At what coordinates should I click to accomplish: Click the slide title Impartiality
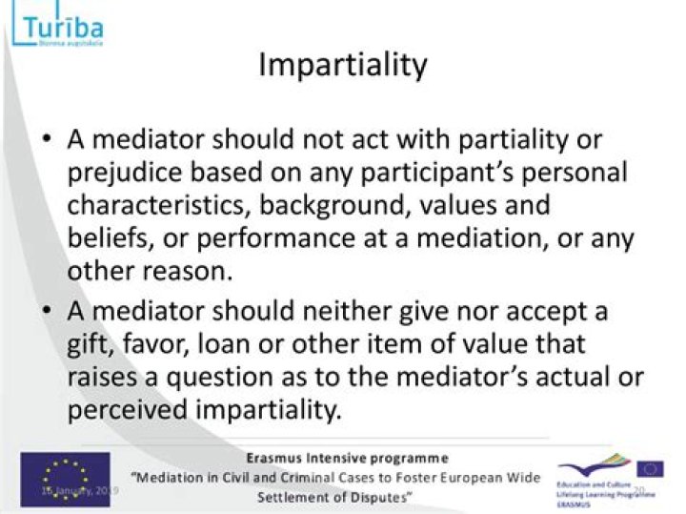pyautogui.click(x=343, y=65)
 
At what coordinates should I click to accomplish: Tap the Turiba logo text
pyautogui.click(x=60, y=25)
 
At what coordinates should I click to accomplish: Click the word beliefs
pyautogui.click(x=103, y=236)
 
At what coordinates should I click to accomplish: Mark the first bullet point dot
pyautogui.click(x=48, y=140)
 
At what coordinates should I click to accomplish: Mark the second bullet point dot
pyautogui.click(x=48, y=311)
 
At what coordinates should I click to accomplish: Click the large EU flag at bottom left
pyautogui.click(x=65, y=479)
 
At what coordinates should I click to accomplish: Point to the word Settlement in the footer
pyautogui.click(x=298, y=498)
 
